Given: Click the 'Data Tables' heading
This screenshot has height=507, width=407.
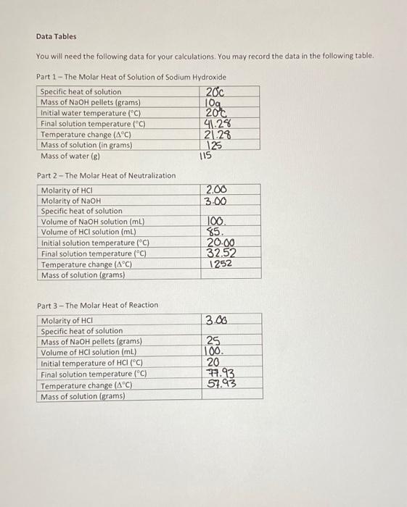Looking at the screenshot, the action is [x=56, y=36].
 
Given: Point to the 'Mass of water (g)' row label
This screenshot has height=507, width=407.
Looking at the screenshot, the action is [x=70, y=156].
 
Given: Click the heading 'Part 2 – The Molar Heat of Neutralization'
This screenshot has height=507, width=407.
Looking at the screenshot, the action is [x=106, y=175].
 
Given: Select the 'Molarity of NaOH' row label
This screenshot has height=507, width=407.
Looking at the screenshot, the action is [x=71, y=201].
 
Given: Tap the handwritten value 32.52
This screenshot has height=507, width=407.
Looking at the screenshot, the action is [x=222, y=253].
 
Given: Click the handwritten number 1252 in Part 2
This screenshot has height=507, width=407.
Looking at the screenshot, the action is [x=220, y=264].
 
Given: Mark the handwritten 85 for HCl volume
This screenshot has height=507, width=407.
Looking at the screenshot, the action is [x=215, y=232].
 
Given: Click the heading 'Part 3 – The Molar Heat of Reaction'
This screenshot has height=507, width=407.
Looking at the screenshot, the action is [x=97, y=305].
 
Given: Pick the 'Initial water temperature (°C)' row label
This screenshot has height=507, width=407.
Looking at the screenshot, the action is [x=90, y=113].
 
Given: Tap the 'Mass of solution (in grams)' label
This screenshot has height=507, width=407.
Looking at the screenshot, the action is [x=86, y=145].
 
